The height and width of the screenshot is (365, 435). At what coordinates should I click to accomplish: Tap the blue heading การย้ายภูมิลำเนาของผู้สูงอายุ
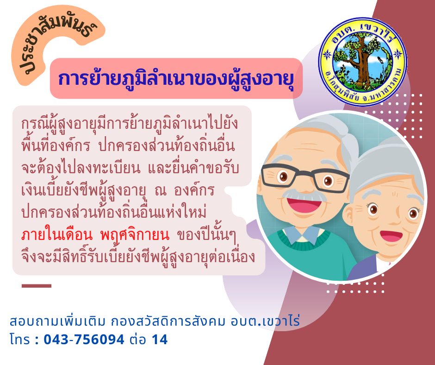pyautogui.click(x=176, y=79)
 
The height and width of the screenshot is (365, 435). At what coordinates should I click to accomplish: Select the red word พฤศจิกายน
pyautogui.click(x=135, y=235)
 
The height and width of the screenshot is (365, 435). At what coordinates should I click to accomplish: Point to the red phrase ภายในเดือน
pyautogui.click(x=56, y=235)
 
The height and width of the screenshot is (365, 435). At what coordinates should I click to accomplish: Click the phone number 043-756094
pyautogui.click(x=84, y=340)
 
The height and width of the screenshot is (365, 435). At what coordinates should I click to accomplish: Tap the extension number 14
pyautogui.click(x=160, y=340)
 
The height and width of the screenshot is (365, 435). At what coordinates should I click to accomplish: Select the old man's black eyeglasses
pyautogui.click(x=305, y=178)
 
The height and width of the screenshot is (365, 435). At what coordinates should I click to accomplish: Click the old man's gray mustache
pyautogui.click(x=304, y=195)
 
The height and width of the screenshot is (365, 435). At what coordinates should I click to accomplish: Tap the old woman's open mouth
pyautogui.click(x=391, y=236)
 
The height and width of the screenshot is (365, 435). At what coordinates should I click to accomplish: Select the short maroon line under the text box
pyautogui.click(x=37, y=286)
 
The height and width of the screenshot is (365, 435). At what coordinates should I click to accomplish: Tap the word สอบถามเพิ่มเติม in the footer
pyautogui.click(x=58, y=321)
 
